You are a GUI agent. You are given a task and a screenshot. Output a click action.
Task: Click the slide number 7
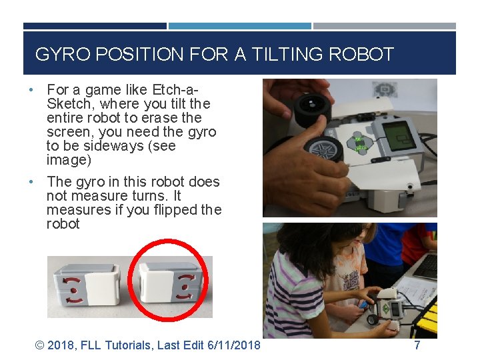(x=417, y=345)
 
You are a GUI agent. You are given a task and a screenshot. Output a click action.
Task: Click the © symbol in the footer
(x=39, y=345)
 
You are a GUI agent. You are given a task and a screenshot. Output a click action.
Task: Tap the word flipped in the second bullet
(x=170, y=210)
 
